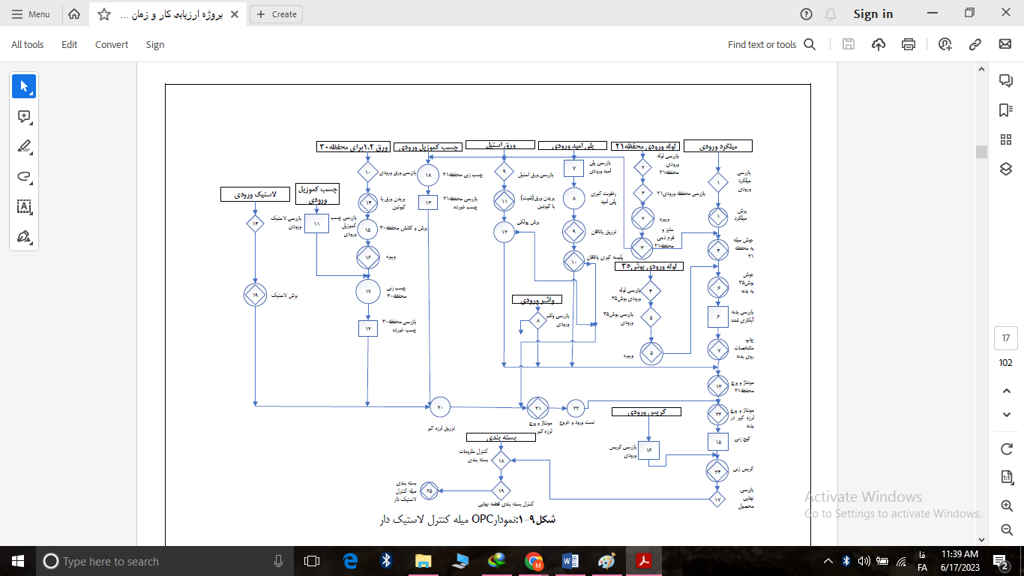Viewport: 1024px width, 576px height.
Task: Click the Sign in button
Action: (873, 14)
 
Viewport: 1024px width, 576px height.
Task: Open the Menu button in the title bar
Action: (31, 14)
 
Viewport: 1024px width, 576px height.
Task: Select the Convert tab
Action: (112, 45)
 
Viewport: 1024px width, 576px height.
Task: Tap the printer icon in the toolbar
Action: (909, 44)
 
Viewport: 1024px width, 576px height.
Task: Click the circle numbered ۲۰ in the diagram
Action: (440, 406)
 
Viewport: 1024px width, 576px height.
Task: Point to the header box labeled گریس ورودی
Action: (646, 412)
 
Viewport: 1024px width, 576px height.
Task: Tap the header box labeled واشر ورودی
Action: (537, 299)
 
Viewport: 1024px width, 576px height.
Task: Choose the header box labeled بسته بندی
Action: (500, 436)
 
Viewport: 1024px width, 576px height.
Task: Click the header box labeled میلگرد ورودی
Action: (718, 146)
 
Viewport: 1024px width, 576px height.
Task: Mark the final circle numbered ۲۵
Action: (430, 490)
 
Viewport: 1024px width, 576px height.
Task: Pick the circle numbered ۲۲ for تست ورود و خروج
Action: (576, 407)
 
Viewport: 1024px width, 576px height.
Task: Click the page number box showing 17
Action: (1006, 338)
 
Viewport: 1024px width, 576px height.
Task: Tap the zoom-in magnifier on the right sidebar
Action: (1007, 506)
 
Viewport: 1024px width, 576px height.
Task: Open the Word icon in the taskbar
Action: (570, 561)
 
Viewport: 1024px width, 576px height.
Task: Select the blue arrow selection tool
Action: (24, 87)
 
